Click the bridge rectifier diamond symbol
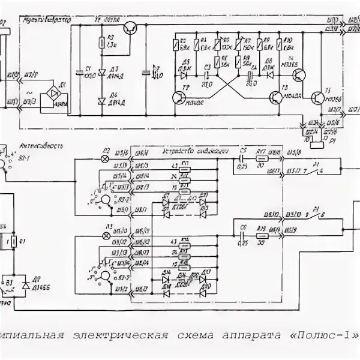pos(55,94)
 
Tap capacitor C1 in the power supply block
pos(79,71)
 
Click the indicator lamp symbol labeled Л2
pos(107,158)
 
